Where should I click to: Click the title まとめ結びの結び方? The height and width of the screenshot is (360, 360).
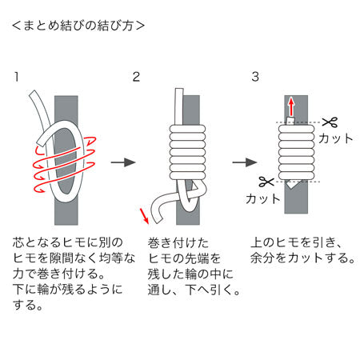point(78,26)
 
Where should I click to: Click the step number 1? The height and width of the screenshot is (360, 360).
point(17,77)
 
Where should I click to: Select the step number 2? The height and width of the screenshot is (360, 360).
point(136,77)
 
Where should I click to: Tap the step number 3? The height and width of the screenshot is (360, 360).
point(255,77)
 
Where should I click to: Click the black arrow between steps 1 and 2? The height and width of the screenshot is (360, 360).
point(123,162)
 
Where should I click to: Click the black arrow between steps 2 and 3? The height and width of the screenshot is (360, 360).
point(245,162)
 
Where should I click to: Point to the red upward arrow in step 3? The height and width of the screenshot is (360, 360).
point(291,106)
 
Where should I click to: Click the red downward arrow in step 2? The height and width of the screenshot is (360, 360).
point(144,216)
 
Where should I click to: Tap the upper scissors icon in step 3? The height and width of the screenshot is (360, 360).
point(330,122)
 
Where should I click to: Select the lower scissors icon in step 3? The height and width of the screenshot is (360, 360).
point(266,182)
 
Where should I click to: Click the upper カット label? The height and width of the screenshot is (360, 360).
point(335,138)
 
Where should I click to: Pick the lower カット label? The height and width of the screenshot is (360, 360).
point(262,198)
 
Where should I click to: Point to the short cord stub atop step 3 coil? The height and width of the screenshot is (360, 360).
point(290,121)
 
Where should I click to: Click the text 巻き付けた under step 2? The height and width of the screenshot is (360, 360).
point(178,243)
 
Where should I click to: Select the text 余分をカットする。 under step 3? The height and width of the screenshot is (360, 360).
point(302,258)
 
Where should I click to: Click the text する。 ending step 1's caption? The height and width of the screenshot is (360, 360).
point(28,305)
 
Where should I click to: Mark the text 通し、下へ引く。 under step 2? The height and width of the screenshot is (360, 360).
point(194,290)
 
